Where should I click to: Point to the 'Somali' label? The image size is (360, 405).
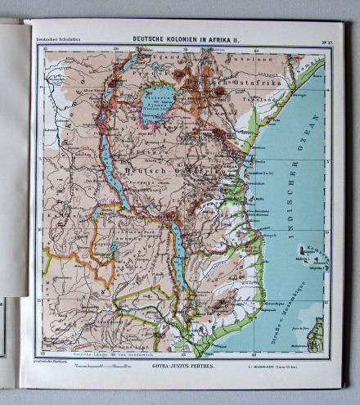pyautogui.click(x=312, y=56)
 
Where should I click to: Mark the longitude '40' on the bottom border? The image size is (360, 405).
pyautogui.click(x=254, y=353)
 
